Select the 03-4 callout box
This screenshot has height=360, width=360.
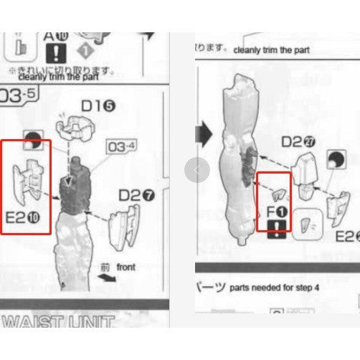pos(121,148)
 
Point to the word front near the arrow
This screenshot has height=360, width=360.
pos(125,267)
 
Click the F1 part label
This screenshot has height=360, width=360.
pos(275,212)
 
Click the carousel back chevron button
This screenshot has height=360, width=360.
pos(197,170)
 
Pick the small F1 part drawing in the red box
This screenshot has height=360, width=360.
pos(277,194)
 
